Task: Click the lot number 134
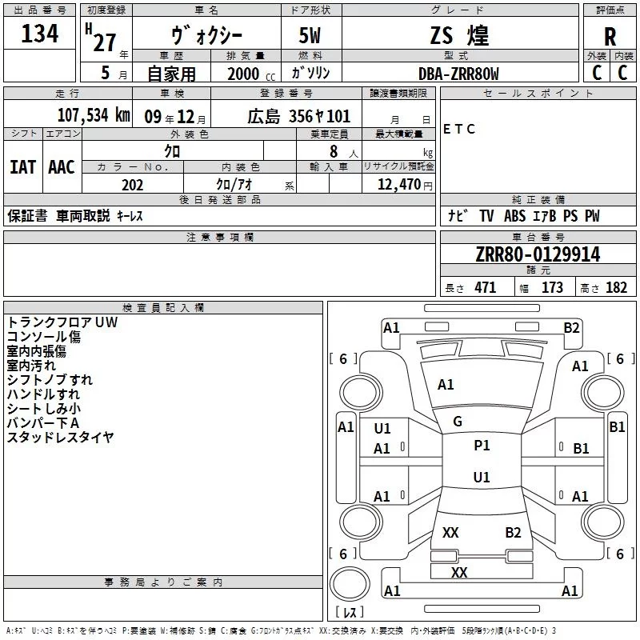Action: coord(40,34)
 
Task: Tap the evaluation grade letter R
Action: coord(610,37)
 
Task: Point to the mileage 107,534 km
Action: coord(93,114)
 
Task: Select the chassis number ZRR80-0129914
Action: coord(538,254)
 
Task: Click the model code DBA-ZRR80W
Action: coord(458,73)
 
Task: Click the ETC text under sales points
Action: coord(459,129)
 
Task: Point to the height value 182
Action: coord(616,288)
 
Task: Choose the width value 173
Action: coord(552,288)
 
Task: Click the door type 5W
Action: coord(311,36)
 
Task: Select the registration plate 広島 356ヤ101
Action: coord(298,115)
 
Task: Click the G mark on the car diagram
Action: coord(458,422)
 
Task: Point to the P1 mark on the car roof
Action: coord(482,446)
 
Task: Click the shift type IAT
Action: coord(22,167)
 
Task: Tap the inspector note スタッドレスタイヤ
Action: coord(60,437)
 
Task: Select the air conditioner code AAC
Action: coord(62,167)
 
